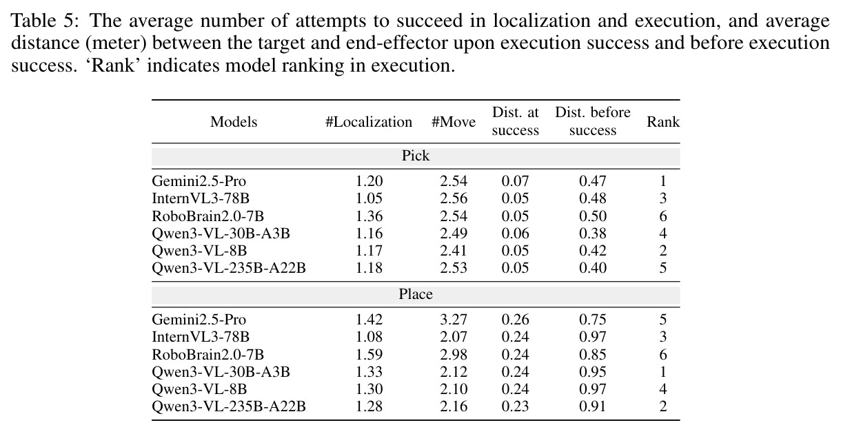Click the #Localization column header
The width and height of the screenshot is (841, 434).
click(x=369, y=122)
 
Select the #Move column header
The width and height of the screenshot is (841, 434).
click(x=454, y=122)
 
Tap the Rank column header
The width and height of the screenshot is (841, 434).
click(x=663, y=122)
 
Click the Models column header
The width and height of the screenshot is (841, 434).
click(x=234, y=122)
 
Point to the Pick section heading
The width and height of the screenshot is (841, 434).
click(x=415, y=156)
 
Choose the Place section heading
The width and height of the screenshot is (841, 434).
click(x=415, y=294)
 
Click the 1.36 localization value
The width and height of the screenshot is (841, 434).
click(x=369, y=216)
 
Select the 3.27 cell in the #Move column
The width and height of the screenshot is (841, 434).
click(x=454, y=320)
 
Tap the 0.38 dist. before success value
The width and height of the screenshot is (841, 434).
click(x=592, y=234)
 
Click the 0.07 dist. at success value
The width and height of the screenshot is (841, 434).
click(x=515, y=181)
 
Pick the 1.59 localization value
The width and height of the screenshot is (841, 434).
click(x=369, y=355)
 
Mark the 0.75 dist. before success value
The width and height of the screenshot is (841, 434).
click(x=592, y=320)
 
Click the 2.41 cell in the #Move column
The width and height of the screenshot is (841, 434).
click(x=454, y=251)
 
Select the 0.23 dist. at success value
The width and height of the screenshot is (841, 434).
click(x=515, y=406)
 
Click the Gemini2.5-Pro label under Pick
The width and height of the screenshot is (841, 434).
click(x=199, y=181)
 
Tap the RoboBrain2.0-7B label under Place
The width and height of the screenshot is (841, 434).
click(x=208, y=355)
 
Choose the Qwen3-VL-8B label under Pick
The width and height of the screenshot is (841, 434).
click(x=199, y=251)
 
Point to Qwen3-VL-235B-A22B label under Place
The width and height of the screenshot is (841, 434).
click(x=229, y=406)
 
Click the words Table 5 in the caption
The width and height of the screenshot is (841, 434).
click(x=45, y=21)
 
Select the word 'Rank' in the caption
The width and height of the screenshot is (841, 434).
click(x=112, y=65)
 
